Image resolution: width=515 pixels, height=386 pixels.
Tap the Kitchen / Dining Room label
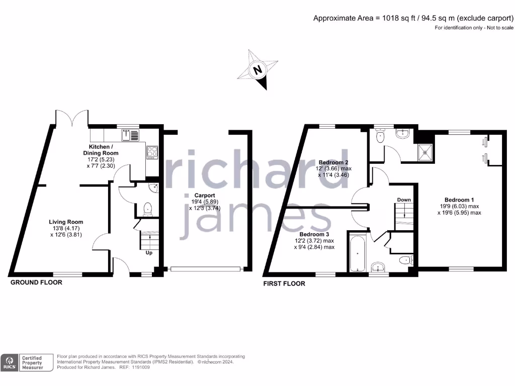101,149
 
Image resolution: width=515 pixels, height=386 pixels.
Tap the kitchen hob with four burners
152,152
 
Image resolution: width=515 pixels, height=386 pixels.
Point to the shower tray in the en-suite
427,149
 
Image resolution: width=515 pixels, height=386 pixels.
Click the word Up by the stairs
149,253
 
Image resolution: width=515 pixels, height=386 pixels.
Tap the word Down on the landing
404,200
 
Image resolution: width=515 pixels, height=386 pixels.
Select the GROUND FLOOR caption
37,282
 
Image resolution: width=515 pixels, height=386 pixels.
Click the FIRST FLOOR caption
284,283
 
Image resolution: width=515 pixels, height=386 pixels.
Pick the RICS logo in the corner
10,362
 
